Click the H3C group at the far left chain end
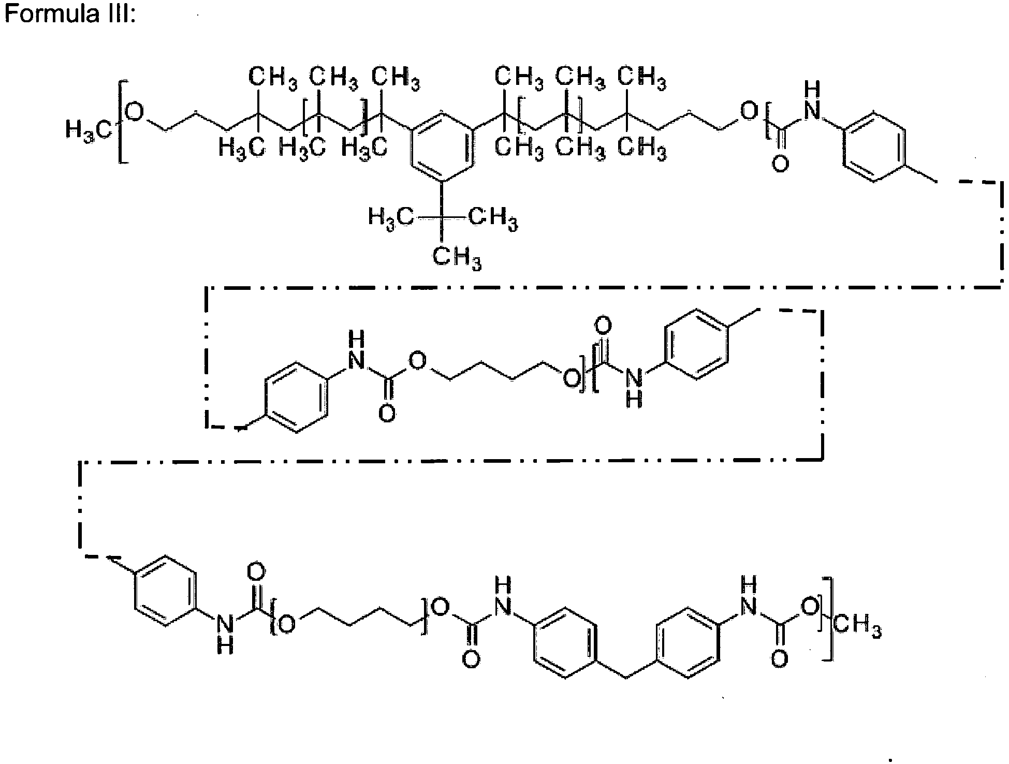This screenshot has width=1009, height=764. point(89,130)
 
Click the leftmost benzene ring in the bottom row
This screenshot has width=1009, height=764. point(166,591)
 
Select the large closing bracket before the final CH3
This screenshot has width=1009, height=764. point(828,618)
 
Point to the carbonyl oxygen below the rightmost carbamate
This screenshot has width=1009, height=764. point(779,659)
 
